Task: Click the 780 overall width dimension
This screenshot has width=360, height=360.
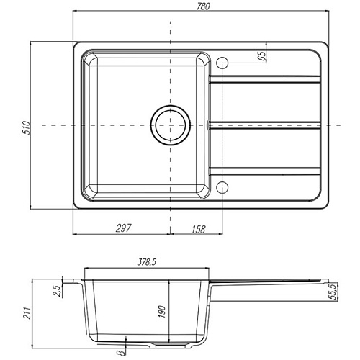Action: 203,6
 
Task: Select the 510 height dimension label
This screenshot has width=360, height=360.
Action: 27,128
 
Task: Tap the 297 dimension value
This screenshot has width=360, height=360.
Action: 124,228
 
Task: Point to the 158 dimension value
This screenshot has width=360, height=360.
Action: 199,229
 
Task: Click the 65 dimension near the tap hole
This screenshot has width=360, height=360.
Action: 262,55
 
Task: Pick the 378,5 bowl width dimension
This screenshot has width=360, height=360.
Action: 147,262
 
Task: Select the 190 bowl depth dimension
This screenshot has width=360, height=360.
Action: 162,312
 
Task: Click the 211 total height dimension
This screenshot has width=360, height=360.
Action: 27,313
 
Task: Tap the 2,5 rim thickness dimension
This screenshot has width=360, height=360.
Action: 58,291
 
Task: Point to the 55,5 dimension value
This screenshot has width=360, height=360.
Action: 333,291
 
